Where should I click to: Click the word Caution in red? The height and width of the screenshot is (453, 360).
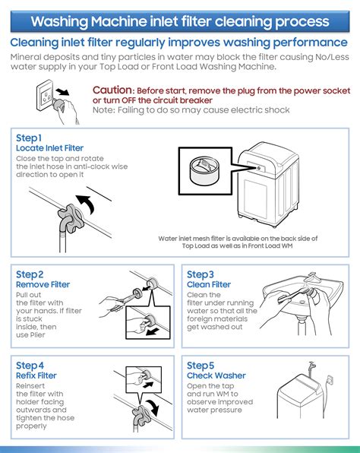tap(112, 90)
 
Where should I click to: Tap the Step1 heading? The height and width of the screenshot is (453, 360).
tap(29, 138)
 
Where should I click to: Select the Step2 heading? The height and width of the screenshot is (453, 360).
tap(30, 274)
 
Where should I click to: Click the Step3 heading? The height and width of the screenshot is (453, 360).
tap(201, 274)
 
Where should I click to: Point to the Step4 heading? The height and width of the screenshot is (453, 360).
tap(30, 365)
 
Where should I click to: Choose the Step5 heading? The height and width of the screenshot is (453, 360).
tap(201, 365)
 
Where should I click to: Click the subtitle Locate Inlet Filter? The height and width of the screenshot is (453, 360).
tap(49, 148)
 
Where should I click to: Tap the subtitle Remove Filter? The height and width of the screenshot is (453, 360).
tap(43, 285)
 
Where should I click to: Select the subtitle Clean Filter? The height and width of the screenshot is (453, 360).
tap(209, 285)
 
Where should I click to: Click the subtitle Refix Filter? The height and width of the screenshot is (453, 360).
tap(36, 375)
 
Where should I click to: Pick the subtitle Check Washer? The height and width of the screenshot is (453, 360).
tap(216, 375)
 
